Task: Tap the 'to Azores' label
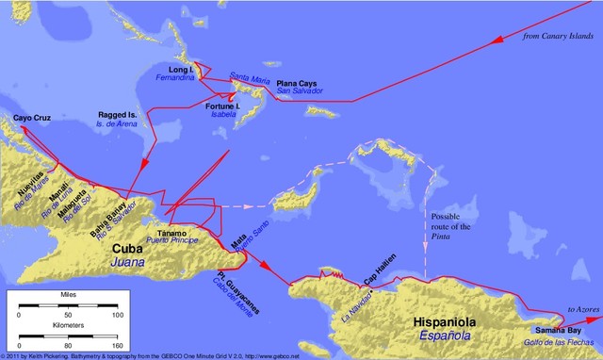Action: click(580, 308)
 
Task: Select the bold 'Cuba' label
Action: click(128, 248)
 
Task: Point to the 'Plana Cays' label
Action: click(297, 84)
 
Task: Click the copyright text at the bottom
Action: click(151, 355)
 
